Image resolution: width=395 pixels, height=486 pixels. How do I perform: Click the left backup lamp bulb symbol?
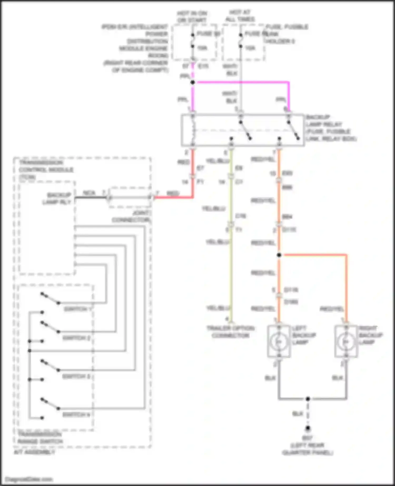[x=279, y=341]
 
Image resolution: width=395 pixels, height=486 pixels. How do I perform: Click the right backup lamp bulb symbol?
[x=346, y=341]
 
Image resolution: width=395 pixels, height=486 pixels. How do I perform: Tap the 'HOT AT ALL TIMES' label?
[x=240, y=16]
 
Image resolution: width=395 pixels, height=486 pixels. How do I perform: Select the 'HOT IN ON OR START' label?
[x=192, y=17]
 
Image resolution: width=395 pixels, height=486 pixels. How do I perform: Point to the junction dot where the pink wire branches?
[x=192, y=82]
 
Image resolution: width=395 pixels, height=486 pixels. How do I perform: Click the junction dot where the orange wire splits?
[x=279, y=255]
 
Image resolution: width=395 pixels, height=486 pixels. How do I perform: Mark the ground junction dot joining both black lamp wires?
[x=308, y=399]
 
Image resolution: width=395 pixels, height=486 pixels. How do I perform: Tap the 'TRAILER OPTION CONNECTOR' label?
[x=231, y=332]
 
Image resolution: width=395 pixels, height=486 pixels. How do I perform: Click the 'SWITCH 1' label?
[x=78, y=309]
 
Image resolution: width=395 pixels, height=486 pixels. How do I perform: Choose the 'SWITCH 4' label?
[x=76, y=415]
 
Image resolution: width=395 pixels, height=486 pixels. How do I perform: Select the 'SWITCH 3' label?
[x=76, y=376]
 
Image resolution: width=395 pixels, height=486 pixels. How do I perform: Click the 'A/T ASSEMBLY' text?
[x=34, y=452]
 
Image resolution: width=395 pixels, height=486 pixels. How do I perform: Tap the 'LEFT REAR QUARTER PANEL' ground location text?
[x=308, y=449]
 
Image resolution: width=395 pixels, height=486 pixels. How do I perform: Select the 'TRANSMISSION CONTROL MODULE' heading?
[x=46, y=170]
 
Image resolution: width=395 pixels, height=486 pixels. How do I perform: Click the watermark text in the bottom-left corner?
[x=29, y=479]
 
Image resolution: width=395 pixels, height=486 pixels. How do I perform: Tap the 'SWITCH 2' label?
[x=76, y=338]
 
